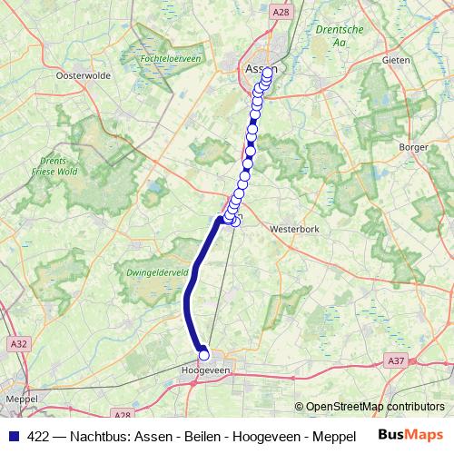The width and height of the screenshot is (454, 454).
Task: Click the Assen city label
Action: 256,68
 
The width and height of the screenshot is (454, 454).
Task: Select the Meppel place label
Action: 20,398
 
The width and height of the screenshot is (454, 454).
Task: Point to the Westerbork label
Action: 292,231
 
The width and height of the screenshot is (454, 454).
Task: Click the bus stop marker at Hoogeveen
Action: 203,356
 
